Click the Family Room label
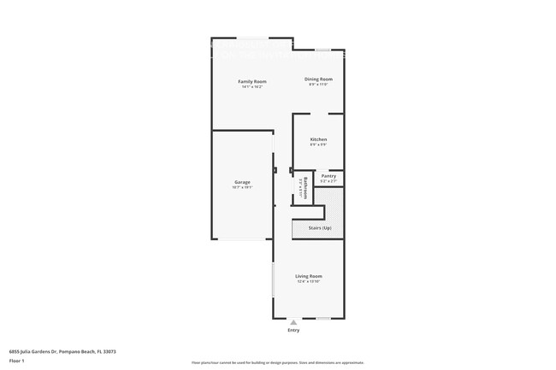pyautogui.click(x=251, y=81)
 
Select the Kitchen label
pyautogui.click(x=318, y=139)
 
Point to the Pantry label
pyautogui.click(x=328, y=176)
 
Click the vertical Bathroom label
pyautogui.click(x=305, y=186)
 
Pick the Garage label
pyautogui.click(x=242, y=182)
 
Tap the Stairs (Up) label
pyautogui.click(x=319, y=227)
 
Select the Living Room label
pyautogui.click(x=309, y=276)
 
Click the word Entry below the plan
pyautogui.click(x=293, y=330)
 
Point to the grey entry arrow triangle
pyautogui.click(x=293, y=323)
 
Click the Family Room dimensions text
pyautogui.click(x=251, y=87)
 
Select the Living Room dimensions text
pyautogui.click(x=309, y=282)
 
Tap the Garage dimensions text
pyautogui.click(x=242, y=187)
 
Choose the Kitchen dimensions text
pyautogui.click(x=318, y=144)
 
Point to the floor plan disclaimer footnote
pyautogui.click(x=277, y=364)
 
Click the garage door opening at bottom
pyautogui.click(x=242, y=239)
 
